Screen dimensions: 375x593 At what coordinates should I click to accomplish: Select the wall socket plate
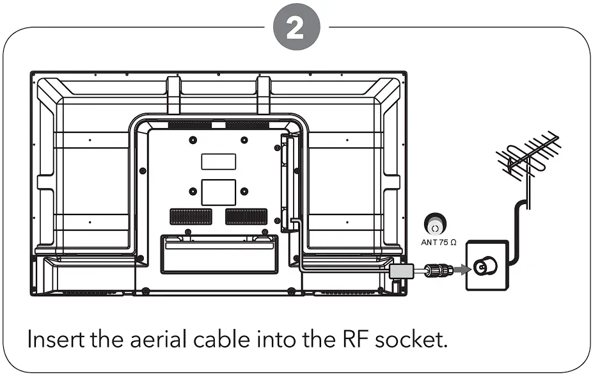click(x=486, y=265)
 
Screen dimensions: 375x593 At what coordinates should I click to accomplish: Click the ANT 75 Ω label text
click(x=438, y=243)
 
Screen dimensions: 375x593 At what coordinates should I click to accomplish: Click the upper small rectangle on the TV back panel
click(x=218, y=161)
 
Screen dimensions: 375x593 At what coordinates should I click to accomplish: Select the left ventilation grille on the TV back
click(x=190, y=216)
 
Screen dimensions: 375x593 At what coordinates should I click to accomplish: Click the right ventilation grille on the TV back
click(x=246, y=216)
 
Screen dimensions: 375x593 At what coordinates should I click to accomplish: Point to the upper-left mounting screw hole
click(x=193, y=140)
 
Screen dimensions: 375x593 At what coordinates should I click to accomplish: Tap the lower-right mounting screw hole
click(x=244, y=191)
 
